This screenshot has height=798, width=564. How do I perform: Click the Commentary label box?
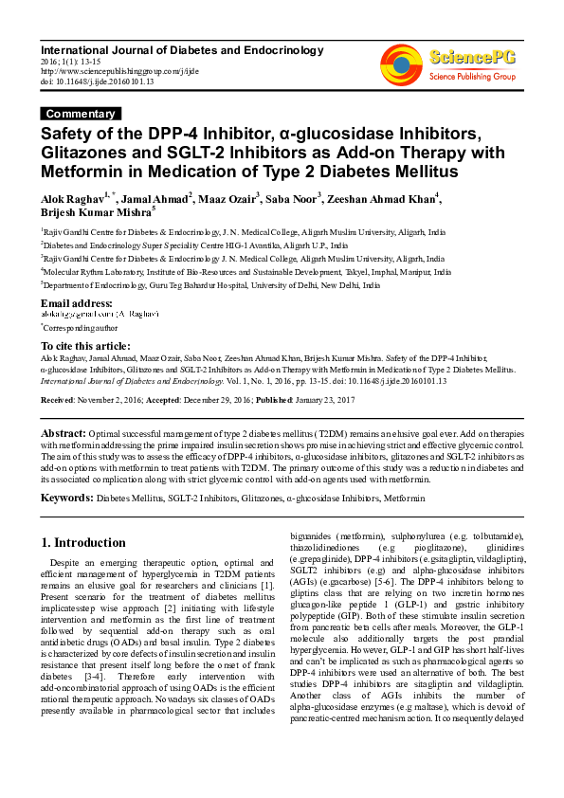(81, 114)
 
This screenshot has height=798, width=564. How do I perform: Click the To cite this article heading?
(85, 346)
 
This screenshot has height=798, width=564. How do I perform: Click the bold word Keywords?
(66, 497)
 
